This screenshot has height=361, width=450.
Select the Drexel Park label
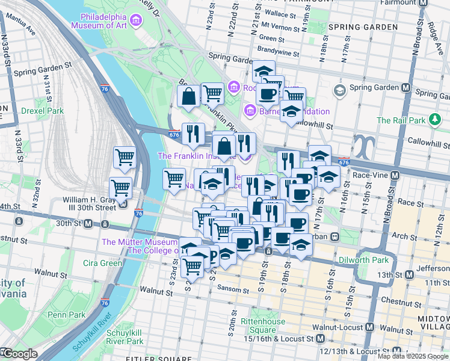42,111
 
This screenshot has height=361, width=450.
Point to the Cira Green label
103,263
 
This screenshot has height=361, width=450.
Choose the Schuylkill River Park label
125,336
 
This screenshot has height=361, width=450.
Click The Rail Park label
400,120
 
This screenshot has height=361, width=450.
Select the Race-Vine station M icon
395,175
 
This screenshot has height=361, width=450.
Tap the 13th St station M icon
410,274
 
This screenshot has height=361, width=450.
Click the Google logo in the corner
19,354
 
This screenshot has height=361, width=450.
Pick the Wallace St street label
281,12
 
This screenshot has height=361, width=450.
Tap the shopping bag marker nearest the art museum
189,96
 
